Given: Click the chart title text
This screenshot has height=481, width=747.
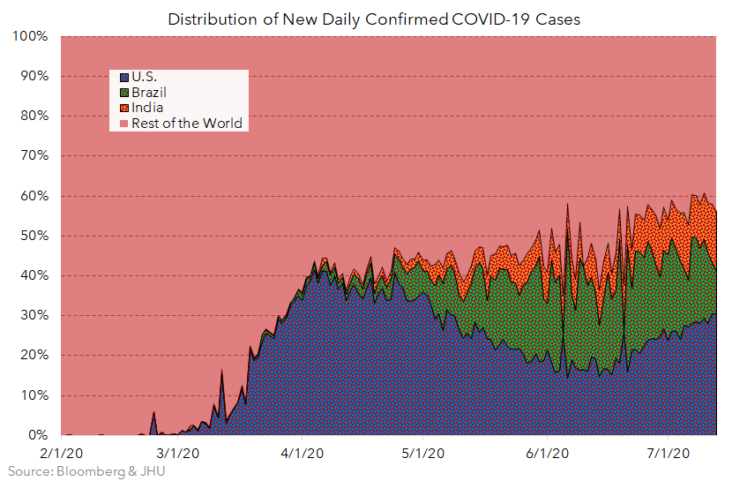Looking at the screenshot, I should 374,19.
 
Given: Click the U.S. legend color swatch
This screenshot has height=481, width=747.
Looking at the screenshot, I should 124,77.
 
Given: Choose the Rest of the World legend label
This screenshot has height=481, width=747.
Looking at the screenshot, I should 186,124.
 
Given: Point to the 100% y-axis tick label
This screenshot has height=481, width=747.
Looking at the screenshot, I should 30,37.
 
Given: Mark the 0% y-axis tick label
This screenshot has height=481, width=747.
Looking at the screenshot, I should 37,436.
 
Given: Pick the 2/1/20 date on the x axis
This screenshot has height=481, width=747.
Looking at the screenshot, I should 61,454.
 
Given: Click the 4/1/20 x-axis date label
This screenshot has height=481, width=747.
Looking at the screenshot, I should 303,454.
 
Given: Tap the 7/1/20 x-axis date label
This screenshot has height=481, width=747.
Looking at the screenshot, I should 668,454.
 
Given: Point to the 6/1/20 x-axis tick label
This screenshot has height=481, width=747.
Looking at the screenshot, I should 547,454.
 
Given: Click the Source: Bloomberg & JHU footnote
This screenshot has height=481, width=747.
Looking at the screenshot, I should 84,471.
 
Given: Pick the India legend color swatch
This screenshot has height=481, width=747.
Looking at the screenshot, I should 124,108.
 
